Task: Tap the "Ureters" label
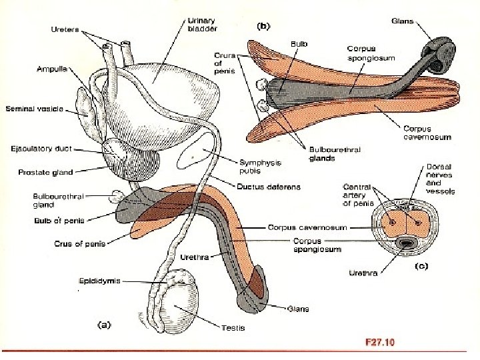tap(65, 29)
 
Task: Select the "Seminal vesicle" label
tap(33, 109)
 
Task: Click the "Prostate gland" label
tap(45, 173)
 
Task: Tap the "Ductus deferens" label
tap(269, 187)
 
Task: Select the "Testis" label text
tap(235, 327)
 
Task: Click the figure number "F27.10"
tap(380, 343)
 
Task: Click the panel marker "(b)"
tap(263, 27)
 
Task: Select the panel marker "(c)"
tap(421, 267)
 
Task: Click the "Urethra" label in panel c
tap(363, 272)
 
